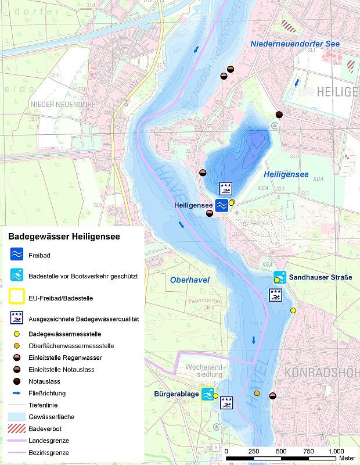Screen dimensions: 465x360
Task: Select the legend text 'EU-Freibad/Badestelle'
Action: pyautogui.click(x=60, y=298)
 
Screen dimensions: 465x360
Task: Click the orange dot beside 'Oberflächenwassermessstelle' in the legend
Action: pyautogui.click(x=16, y=346)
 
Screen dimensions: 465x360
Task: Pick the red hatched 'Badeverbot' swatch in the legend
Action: pyautogui.click(x=16, y=428)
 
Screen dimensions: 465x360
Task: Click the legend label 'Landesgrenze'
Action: pyautogui.click(x=48, y=441)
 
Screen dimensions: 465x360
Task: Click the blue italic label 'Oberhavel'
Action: pyautogui.click(x=189, y=280)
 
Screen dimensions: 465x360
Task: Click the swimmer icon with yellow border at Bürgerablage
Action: pyautogui.click(x=207, y=394)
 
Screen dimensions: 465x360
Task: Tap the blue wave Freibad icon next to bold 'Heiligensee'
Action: pyautogui.click(x=222, y=205)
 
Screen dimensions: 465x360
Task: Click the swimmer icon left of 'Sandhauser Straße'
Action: pyautogui.click(x=280, y=277)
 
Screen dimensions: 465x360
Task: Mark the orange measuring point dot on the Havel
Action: pyautogui.click(x=257, y=394)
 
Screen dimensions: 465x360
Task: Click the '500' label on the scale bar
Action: pyautogui.click(x=281, y=452)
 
